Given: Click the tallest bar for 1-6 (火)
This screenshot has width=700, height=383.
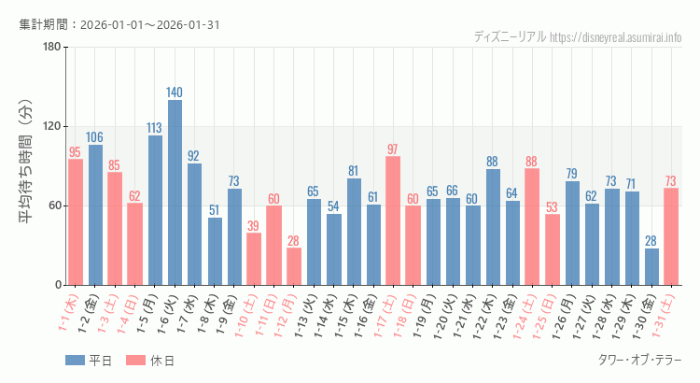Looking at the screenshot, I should click(x=175, y=192).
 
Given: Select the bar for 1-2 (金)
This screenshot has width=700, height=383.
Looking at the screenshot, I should click(x=95, y=215).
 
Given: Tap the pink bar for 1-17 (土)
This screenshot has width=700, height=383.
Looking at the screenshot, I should click(x=393, y=220).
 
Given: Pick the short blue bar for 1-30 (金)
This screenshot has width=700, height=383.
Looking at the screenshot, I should click(x=651, y=266).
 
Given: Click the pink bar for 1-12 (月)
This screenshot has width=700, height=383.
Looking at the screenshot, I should click(x=294, y=266).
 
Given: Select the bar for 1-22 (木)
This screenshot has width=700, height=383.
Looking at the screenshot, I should click(x=493, y=227).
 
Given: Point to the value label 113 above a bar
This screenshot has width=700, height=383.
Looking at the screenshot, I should click(x=155, y=128).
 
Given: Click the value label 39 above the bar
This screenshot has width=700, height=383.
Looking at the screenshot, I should click(x=254, y=225).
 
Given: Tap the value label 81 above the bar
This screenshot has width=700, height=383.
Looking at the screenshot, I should click(x=354, y=171).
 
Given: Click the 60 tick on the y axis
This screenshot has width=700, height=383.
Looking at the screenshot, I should click(x=54, y=206).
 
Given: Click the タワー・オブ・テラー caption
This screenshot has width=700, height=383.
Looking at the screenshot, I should click(x=638, y=360).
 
